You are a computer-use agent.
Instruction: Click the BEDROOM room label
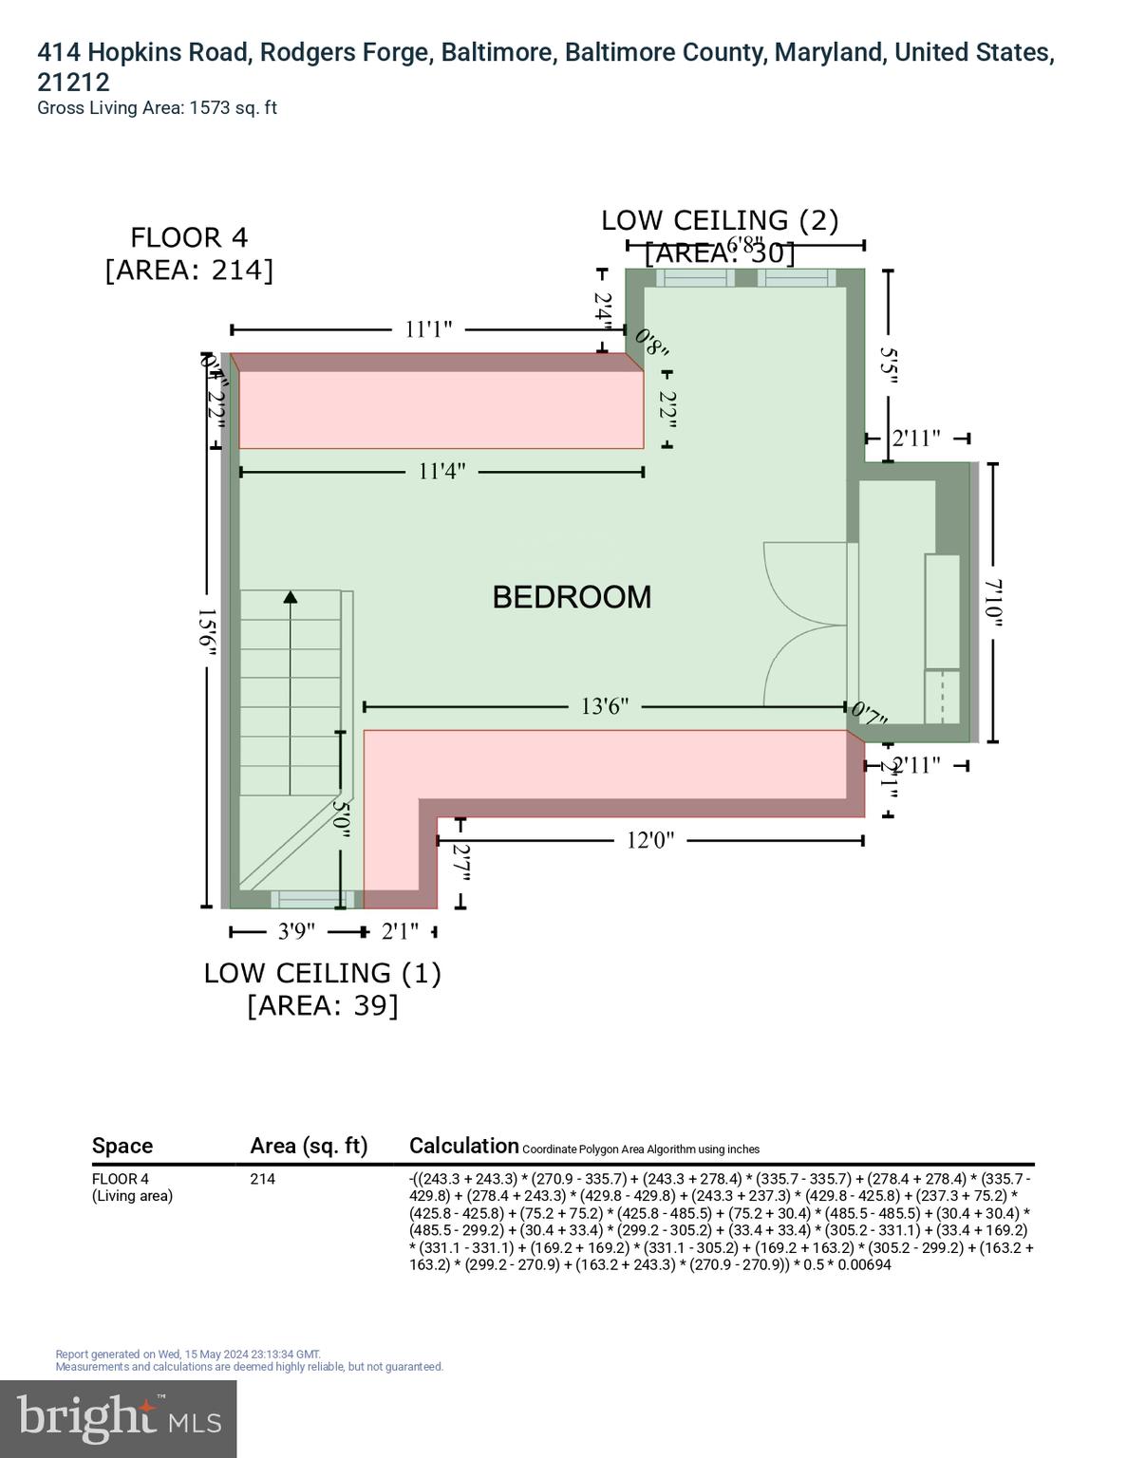(x=572, y=597)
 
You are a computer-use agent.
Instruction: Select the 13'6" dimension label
(x=604, y=707)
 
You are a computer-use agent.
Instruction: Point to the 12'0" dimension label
(x=649, y=841)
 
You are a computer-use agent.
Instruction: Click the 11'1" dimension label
(x=428, y=329)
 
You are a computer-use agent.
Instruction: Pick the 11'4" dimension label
(x=441, y=472)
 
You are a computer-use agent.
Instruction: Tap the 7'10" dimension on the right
(x=993, y=603)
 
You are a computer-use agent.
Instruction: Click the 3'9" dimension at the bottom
(x=296, y=932)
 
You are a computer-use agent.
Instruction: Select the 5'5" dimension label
(x=889, y=365)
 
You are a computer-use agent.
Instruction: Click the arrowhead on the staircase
(x=291, y=597)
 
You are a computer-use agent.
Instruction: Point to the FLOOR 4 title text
(x=189, y=237)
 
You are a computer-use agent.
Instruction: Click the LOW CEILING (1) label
(x=323, y=973)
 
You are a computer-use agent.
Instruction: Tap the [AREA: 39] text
(x=323, y=1005)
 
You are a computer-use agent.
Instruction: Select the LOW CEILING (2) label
(x=720, y=220)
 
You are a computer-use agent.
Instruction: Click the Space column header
(x=122, y=1146)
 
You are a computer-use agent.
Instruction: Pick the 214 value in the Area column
(x=262, y=1179)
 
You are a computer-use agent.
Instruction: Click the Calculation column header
(x=464, y=1146)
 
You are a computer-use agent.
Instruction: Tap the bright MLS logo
(x=119, y=1418)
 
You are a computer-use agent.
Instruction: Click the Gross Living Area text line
(x=157, y=108)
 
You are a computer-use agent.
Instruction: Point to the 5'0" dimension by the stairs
(x=341, y=818)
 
